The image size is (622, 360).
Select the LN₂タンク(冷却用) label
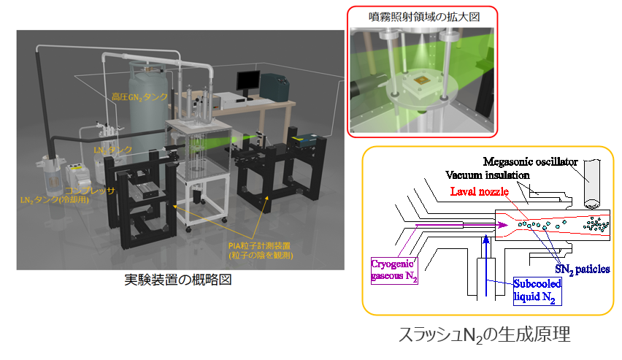(x=55, y=199)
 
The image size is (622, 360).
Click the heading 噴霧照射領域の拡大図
(x=421, y=17)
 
